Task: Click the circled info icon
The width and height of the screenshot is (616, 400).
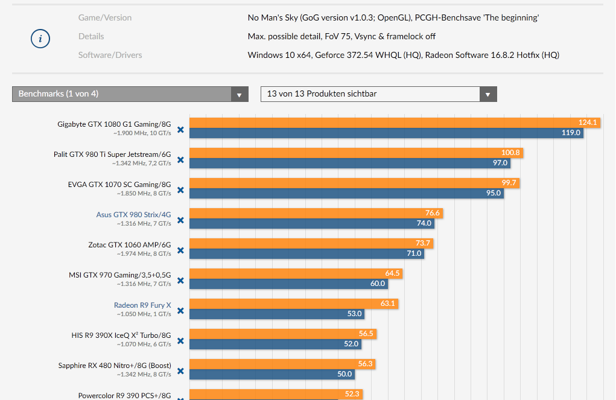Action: coord(40,39)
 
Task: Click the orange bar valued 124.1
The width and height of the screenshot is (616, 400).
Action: coord(386,122)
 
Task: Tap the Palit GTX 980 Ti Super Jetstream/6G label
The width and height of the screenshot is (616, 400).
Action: coord(112,154)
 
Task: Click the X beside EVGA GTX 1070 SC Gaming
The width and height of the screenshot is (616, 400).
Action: coord(180,191)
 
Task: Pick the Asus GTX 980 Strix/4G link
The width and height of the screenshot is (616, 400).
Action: coord(133,215)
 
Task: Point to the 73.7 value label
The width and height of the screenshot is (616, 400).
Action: coord(423,243)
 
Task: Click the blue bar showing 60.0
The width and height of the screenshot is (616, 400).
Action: coord(284,284)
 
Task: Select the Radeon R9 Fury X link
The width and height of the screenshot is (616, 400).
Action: coord(142,305)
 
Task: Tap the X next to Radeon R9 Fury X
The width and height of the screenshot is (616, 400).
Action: coord(180,311)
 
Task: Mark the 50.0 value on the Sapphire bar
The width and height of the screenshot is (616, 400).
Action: coord(345,374)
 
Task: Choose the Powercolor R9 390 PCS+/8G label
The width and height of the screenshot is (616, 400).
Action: coord(124,396)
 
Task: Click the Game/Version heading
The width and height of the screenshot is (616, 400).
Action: coord(105,17)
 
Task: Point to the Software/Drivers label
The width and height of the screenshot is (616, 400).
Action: coord(110,55)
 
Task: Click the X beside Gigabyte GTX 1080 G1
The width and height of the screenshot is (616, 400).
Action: coord(180,130)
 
